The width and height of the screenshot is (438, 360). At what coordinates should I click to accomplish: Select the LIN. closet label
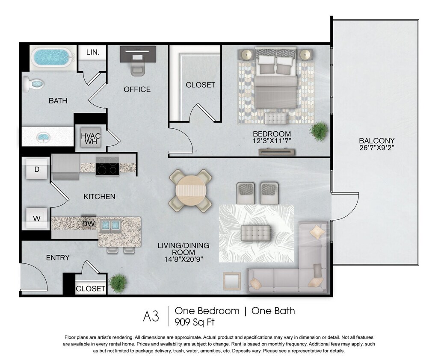(x=92, y=52)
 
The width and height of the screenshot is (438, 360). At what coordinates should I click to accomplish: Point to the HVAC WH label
(x=91, y=139)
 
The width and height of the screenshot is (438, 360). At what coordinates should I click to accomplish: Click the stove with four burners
(x=107, y=165)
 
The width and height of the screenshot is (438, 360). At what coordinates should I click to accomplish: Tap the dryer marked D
(x=37, y=169)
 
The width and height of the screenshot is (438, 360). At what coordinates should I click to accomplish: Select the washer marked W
(x=37, y=218)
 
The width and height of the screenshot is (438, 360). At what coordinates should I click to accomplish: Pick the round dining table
(x=190, y=191)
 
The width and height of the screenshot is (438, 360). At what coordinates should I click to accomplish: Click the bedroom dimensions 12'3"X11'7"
(x=272, y=141)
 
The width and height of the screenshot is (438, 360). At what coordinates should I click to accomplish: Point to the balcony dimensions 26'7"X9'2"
(x=377, y=148)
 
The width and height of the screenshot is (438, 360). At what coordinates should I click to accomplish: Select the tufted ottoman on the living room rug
(x=256, y=233)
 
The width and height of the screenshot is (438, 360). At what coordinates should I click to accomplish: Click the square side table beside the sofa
(x=232, y=281)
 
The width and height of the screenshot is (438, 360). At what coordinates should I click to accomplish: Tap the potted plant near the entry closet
(x=117, y=283)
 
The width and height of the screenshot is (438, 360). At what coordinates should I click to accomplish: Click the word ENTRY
(x=58, y=257)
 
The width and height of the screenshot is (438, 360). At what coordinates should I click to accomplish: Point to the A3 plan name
(x=151, y=316)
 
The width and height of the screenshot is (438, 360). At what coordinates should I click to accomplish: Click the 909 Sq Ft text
(x=195, y=322)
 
